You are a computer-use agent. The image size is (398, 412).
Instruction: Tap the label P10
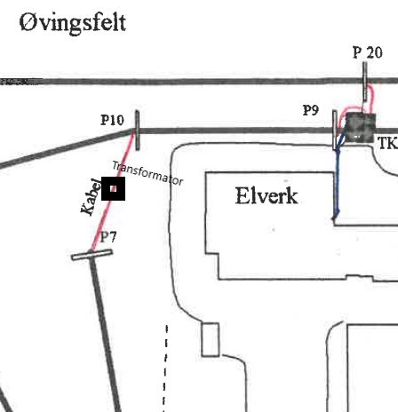click(112, 120)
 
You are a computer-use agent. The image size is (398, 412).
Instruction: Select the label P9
click(311, 110)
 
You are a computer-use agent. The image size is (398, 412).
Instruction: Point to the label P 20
click(368, 52)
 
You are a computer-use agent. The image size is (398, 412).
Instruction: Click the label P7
click(108, 237)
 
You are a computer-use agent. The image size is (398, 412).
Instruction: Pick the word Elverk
click(267, 195)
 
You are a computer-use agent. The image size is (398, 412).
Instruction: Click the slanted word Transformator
click(147, 173)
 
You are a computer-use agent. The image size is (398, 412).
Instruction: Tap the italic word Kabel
click(91, 197)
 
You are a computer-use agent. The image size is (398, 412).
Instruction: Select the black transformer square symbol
click(113, 188)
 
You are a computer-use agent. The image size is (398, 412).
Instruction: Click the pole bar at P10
click(137, 131)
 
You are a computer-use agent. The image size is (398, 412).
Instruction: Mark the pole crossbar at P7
click(92, 255)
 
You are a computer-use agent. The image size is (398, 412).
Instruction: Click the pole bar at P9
click(335, 130)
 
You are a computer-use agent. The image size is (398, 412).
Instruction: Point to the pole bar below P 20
click(365, 82)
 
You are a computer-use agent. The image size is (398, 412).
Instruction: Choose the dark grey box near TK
click(361, 127)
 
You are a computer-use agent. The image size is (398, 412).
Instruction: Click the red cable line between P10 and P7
click(113, 192)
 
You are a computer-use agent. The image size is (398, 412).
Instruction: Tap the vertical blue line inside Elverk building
click(336, 184)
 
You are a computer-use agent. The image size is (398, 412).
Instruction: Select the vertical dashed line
click(165, 368)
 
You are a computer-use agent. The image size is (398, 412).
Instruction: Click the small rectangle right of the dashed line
click(211, 340)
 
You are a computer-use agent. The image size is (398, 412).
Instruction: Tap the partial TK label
click(388, 143)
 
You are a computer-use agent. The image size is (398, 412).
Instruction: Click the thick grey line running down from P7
click(106, 333)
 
